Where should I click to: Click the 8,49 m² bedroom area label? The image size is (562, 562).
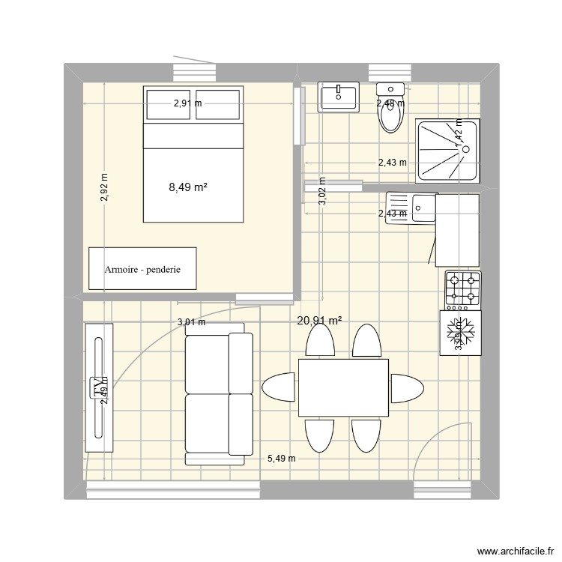point(188,188)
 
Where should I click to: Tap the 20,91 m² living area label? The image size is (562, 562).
point(319,321)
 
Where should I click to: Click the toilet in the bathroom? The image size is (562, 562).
point(391,112)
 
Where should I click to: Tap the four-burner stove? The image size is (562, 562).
point(462,289)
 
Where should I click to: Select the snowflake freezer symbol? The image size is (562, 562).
point(459,330)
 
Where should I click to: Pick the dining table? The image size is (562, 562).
point(343,387)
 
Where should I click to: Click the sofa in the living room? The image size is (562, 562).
point(219,394)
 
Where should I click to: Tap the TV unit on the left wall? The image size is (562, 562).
point(99,387)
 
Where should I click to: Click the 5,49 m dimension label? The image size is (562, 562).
point(281,459)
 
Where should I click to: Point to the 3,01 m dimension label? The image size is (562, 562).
point(191,323)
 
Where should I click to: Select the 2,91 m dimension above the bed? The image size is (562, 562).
point(187,104)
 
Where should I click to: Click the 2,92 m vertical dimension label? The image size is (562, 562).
point(104,188)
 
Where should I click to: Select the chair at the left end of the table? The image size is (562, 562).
point(278,387)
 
